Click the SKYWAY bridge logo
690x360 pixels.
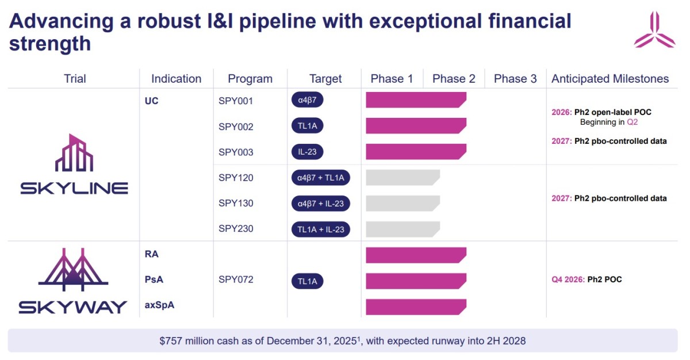73,281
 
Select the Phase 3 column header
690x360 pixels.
515,79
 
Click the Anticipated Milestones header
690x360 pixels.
610,79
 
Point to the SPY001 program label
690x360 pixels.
236,101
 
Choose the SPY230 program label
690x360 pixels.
236,229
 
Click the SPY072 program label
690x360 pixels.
236,280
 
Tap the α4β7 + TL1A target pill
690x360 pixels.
320,178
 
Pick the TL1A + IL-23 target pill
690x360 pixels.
320,229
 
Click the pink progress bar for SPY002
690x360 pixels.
415,126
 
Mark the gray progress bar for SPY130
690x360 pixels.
402,204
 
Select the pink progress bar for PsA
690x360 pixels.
415,281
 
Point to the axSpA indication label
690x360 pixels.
160,305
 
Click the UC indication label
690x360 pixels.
152,101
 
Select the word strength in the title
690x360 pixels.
50,44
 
